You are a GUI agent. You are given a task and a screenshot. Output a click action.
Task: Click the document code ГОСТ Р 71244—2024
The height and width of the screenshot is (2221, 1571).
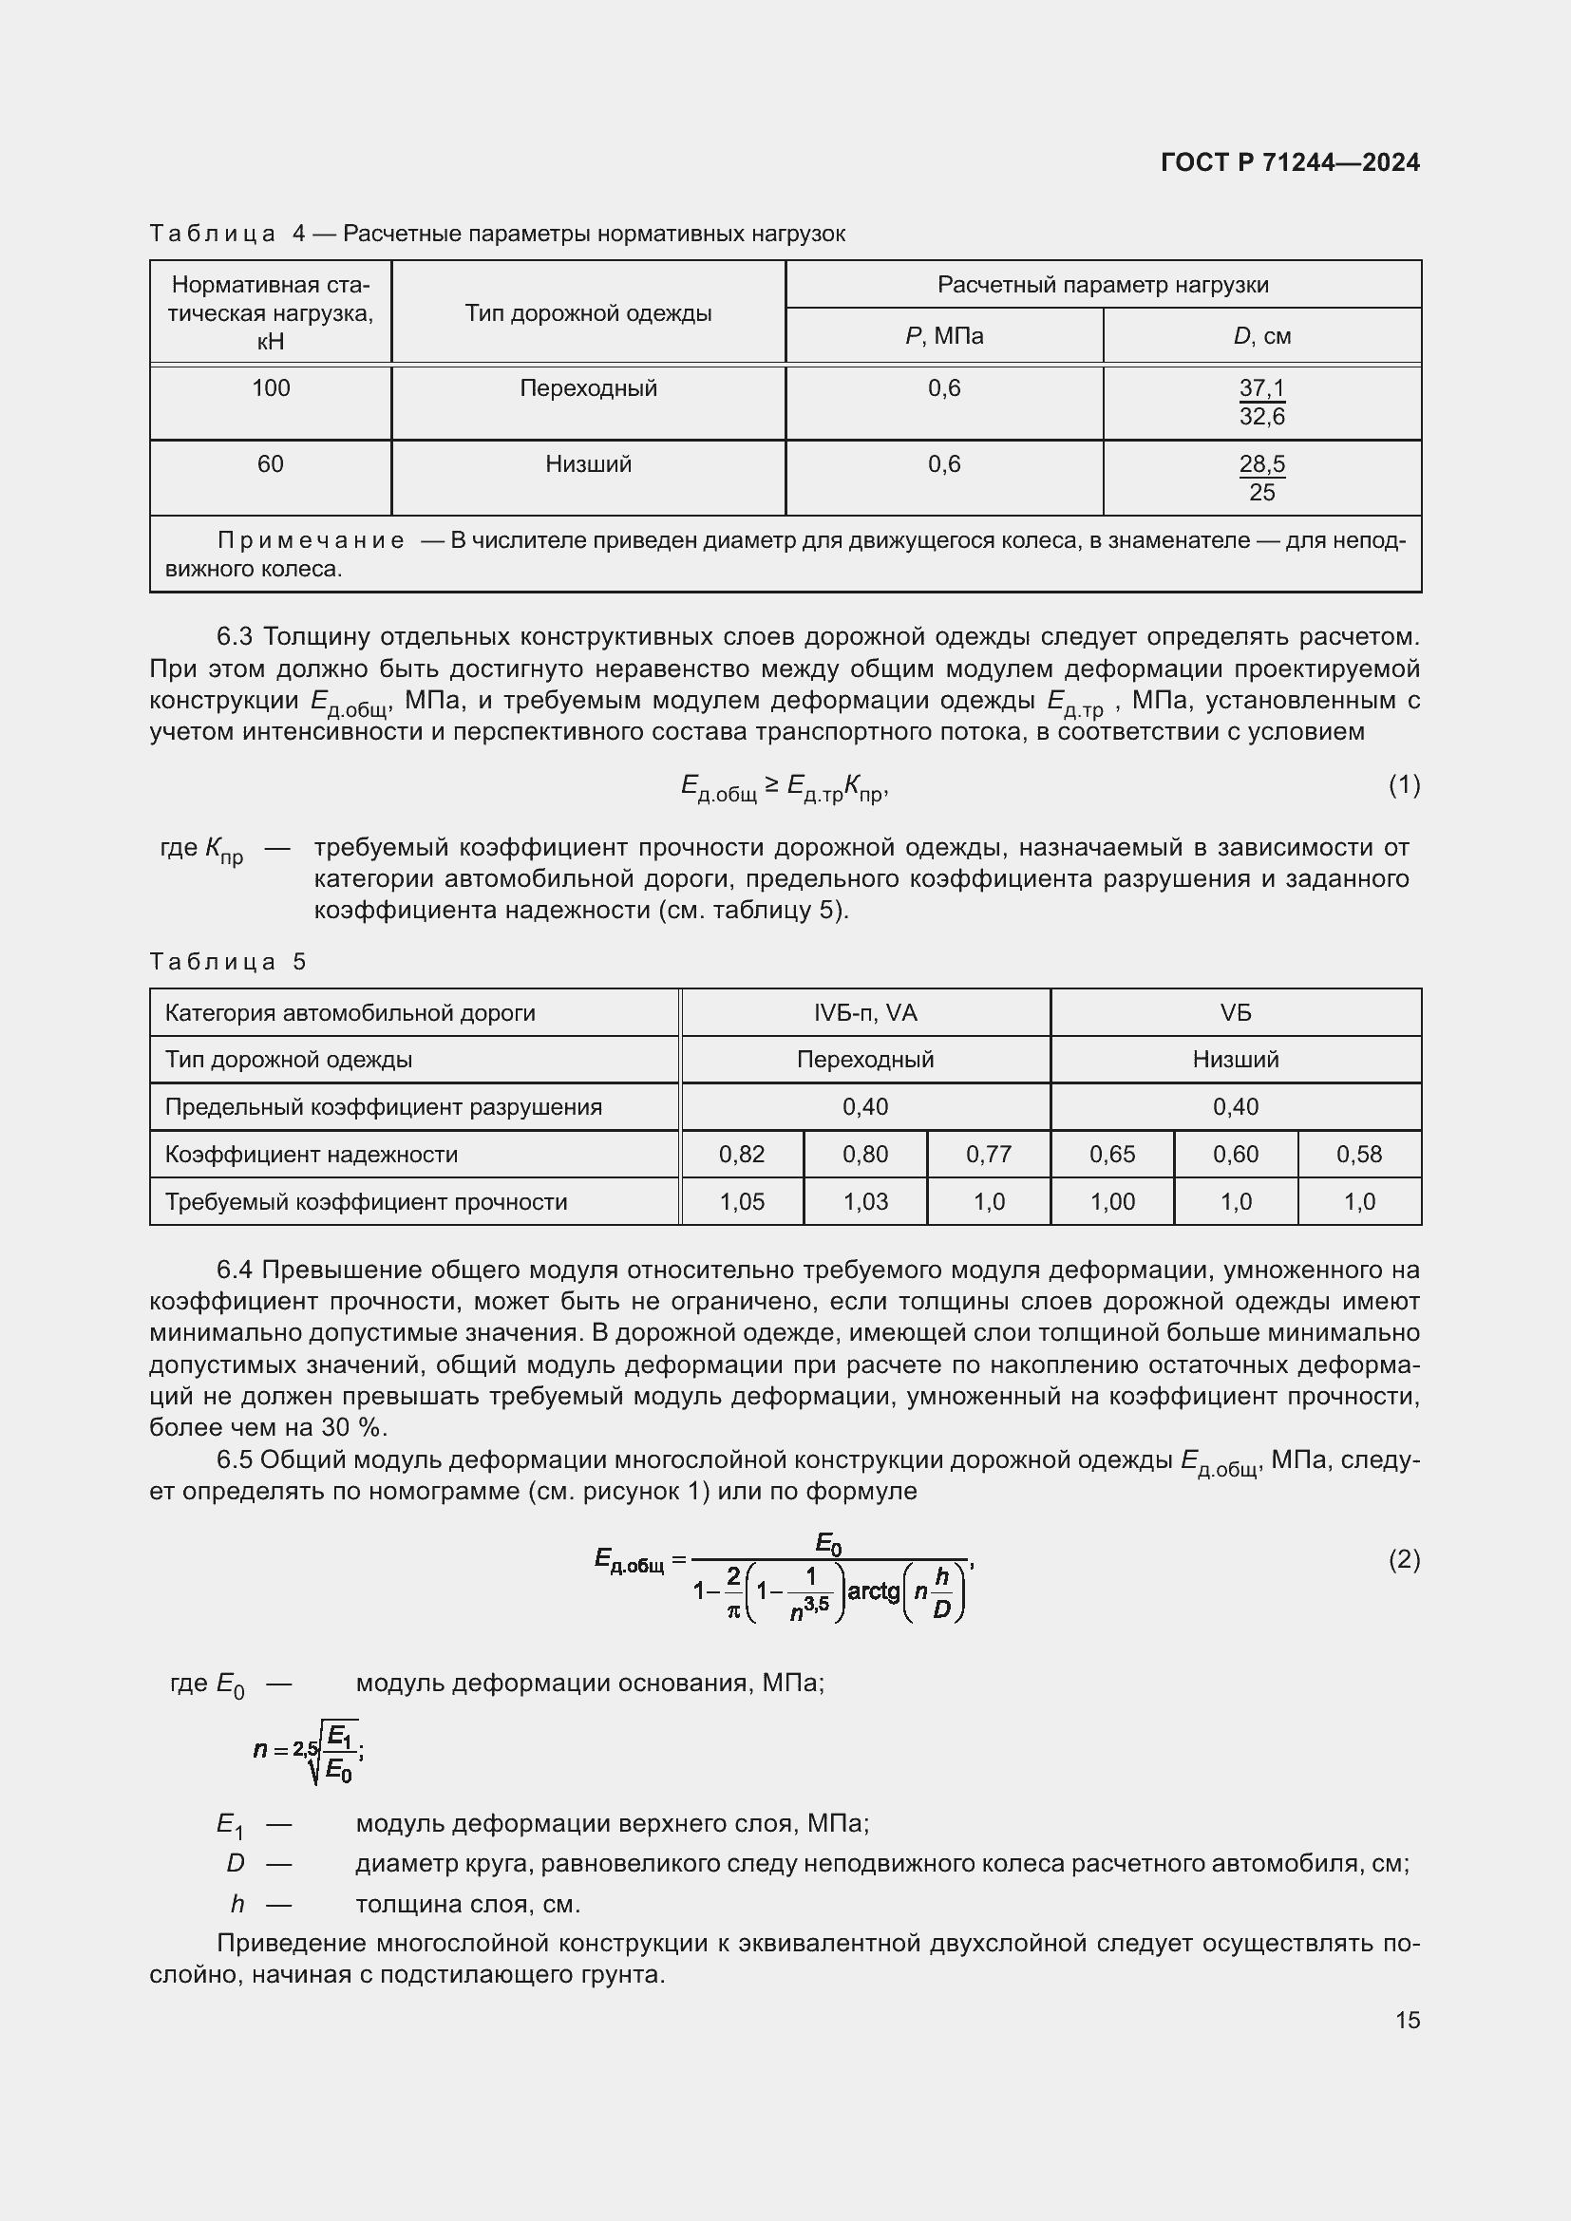point(1290,162)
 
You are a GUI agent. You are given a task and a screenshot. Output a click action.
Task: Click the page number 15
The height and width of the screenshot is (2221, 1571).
point(1408,2020)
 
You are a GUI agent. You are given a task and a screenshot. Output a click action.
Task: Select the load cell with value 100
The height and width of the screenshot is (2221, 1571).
point(271,389)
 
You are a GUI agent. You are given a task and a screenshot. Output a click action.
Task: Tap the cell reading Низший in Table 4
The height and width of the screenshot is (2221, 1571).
point(588,464)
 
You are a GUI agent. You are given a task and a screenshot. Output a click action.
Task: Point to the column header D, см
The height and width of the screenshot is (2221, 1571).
point(1261,337)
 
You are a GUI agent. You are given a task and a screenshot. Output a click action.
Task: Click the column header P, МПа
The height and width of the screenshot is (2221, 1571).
point(944,337)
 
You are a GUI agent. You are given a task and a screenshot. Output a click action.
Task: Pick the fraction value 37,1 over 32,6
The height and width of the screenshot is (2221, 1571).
point(1261,403)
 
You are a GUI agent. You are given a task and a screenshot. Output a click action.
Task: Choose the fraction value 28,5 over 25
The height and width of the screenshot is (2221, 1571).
point(1261,478)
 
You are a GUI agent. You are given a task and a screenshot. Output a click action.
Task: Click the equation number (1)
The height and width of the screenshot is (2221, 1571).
point(1404,784)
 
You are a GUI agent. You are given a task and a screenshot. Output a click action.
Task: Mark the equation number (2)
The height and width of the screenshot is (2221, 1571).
point(1404,1559)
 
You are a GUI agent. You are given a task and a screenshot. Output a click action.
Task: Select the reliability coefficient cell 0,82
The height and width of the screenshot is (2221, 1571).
point(742,1154)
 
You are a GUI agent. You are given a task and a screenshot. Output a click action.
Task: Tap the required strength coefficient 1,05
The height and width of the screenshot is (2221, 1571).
point(742,1201)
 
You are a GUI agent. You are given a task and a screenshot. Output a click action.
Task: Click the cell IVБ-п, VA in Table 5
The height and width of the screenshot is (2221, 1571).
point(865,1013)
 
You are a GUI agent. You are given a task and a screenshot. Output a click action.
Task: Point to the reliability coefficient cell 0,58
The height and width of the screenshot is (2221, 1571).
point(1358,1154)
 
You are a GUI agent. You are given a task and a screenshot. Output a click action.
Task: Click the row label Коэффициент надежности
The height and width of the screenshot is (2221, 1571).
point(311,1154)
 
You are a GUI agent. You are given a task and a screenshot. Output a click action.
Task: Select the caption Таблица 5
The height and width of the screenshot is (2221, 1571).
point(228,962)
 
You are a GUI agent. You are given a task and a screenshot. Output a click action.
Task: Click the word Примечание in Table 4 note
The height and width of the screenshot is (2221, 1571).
point(311,540)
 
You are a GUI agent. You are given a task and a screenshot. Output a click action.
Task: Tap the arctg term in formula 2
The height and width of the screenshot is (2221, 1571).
point(873,1590)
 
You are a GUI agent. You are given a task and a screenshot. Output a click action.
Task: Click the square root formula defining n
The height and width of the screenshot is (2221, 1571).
point(309,1750)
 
